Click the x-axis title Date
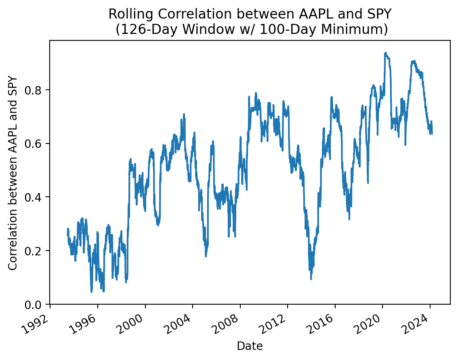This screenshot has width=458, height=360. pyautogui.click(x=250, y=346)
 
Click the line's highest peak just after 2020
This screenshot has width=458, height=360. pyautogui.click(x=385, y=53)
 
